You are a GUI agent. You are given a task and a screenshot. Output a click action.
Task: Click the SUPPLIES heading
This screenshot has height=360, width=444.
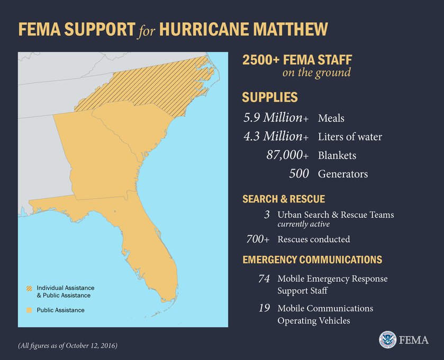click(x=269, y=97)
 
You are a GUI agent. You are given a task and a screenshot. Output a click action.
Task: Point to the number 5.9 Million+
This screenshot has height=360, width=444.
click(x=276, y=117)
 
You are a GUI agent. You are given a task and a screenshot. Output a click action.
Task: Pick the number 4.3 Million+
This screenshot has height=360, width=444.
click(x=276, y=136)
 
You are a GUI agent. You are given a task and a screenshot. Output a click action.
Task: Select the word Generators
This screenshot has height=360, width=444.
click(x=342, y=174)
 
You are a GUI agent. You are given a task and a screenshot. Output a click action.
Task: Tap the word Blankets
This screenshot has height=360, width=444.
click(x=337, y=155)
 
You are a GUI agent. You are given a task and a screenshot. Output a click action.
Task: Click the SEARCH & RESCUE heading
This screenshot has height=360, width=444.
click(x=283, y=199)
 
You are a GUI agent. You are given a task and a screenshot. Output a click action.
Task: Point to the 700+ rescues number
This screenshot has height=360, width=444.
click(x=258, y=239)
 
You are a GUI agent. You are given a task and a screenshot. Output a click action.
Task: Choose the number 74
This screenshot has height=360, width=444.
click(x=264, y=279)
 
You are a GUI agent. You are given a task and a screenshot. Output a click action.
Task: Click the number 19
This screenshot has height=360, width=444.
click(x=264, y=308)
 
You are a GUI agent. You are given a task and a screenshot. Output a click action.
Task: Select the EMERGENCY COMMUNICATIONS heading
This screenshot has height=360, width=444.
click(x=312, y=260)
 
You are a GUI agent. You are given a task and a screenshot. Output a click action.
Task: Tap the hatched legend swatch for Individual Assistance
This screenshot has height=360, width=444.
click(x=29, y=288)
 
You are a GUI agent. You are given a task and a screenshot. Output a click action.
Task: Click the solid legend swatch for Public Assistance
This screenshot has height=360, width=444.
click(x=29, y=310)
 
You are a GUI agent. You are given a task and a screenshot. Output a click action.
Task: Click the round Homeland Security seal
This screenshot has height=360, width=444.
click(x=387, y=340)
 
